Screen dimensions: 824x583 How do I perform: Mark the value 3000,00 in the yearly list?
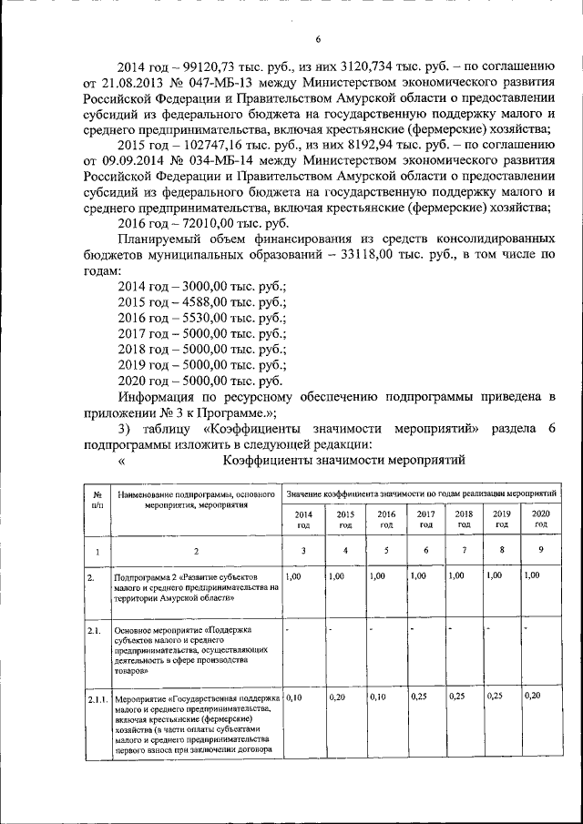coord(207,286)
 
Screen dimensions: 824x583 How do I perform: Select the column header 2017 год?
coord(425,519)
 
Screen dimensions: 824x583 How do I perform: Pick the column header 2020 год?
coord(540,519)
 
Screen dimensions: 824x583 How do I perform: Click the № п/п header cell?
coord(97,498)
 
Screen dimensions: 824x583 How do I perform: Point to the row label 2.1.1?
coord(97,698)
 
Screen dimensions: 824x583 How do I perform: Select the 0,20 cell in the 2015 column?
coord(336,697)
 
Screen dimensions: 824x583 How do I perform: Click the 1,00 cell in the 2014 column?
coord(293,576)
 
